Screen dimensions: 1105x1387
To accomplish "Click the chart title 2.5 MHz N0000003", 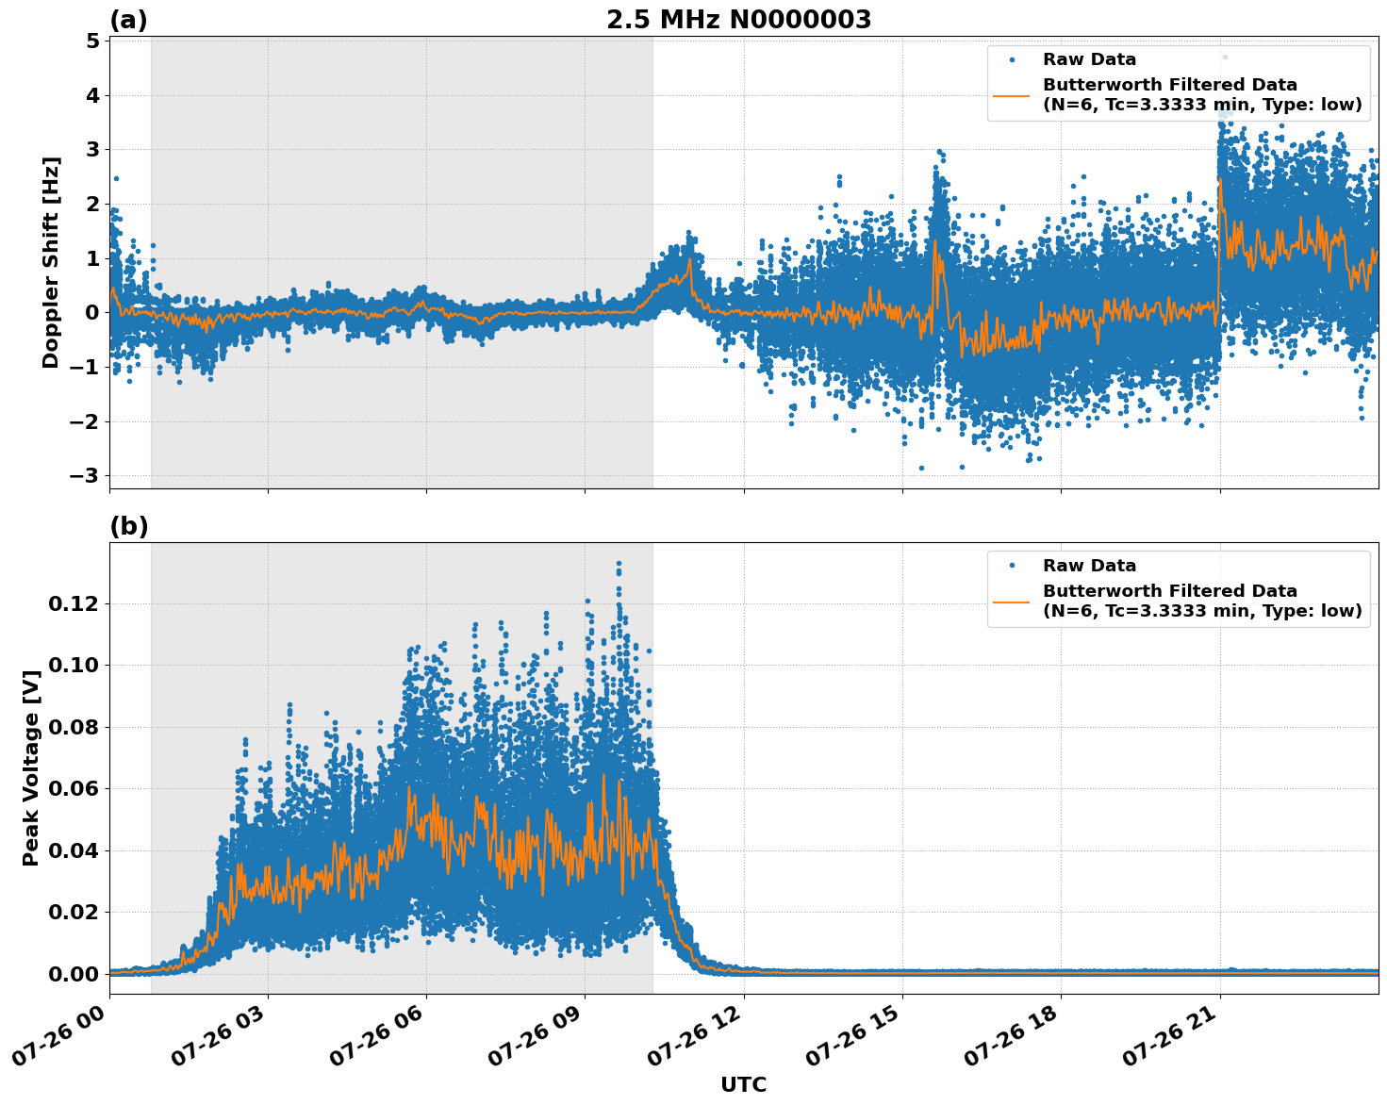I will point(738,20).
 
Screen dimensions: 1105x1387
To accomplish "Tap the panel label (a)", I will point(128,20).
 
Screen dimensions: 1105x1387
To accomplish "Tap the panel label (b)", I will point(128,526).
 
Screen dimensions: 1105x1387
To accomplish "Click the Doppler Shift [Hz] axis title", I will point(51,262).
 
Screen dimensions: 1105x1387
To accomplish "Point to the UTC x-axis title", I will point(743,1084).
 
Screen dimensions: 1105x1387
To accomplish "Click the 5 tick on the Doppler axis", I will point(92,41).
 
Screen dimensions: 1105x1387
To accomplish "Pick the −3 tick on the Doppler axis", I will point(84,476).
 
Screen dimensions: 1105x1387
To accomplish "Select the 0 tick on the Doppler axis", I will point(92,313).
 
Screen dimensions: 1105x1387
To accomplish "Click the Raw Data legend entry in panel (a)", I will point(1089,59).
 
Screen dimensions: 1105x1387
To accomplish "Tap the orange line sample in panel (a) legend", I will point(1011,95).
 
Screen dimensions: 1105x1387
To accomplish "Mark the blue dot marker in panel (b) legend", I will point(1011,566).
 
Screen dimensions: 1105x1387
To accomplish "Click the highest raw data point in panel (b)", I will point(619,563).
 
